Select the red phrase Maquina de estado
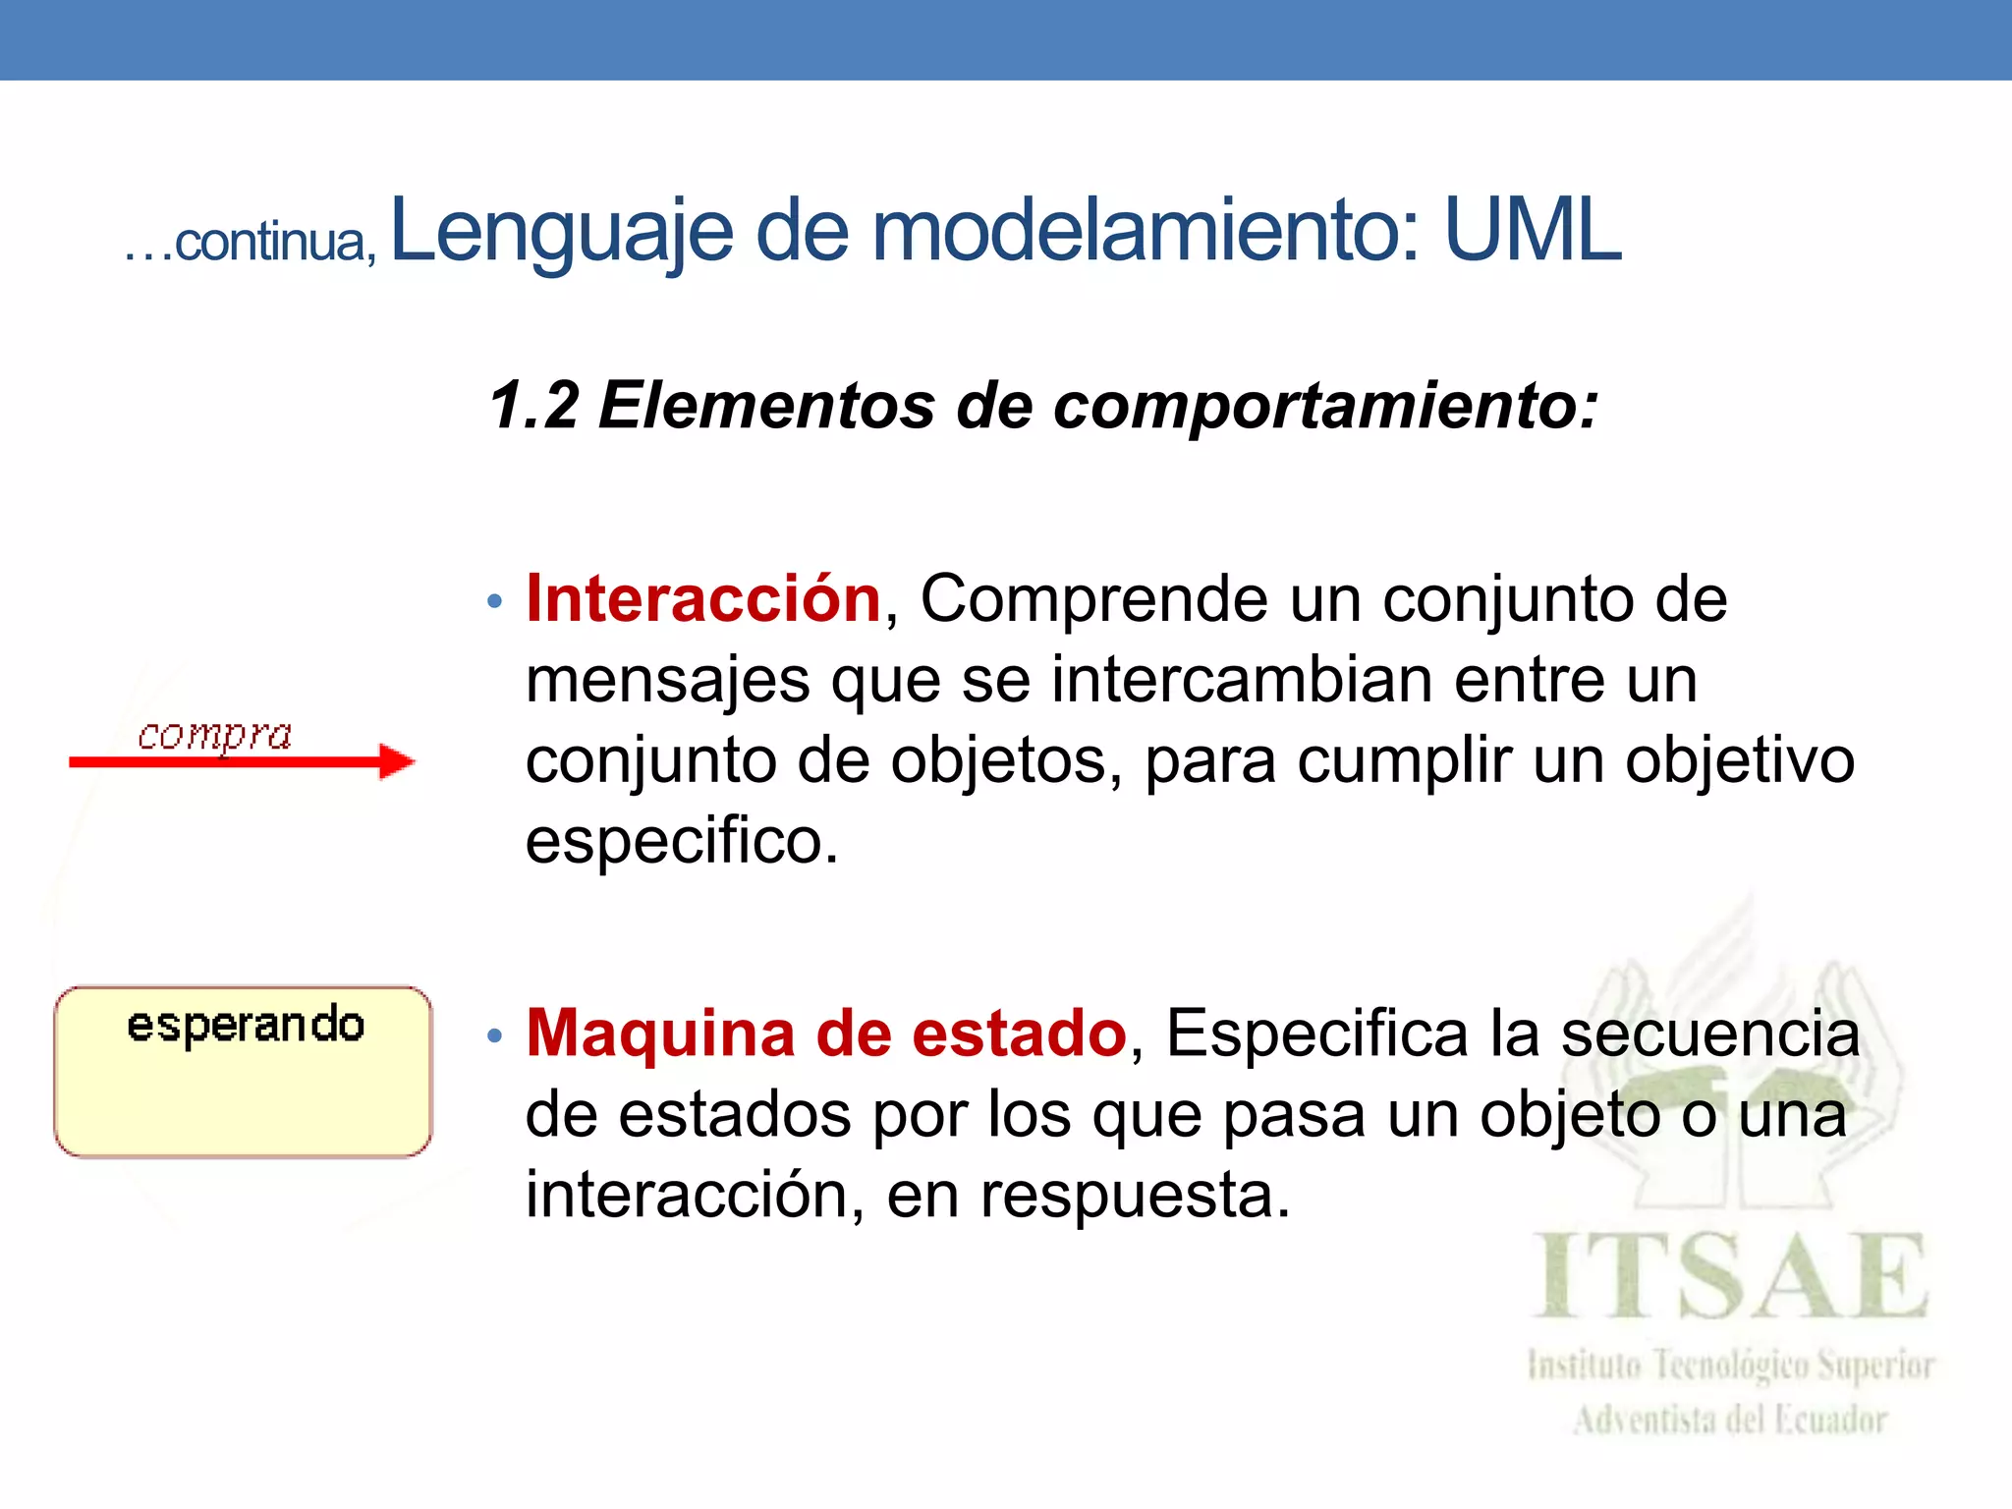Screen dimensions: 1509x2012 coord(826,1034)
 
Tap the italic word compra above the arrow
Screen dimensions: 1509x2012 coord(214,735)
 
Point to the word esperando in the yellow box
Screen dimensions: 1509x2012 coord(246,1026)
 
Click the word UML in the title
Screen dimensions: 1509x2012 coord(1532,231)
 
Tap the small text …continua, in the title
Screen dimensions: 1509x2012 coord(250,243)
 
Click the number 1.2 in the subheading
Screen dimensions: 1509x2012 coord(534,406)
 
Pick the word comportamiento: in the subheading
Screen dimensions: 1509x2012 coord(1325,406)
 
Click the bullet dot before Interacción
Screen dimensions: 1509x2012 coord(495,600)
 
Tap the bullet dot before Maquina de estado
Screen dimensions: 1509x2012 coord(495,1035)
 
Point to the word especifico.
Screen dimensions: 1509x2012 coord(682,842)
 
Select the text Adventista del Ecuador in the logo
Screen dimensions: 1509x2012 coord(1730,1420)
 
